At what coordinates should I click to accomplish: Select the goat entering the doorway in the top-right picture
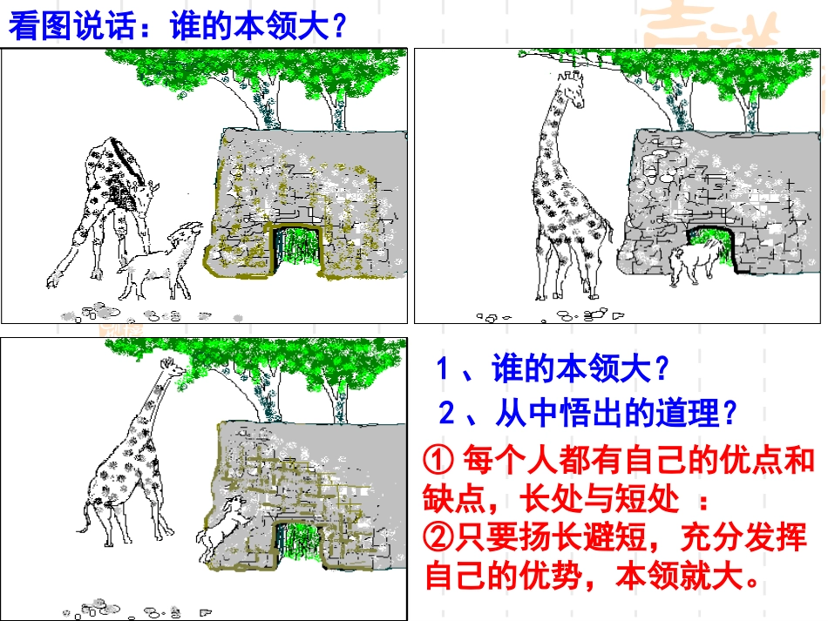pyautogui.click(x=696, y=259)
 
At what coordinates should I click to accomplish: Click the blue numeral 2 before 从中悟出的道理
pyautogui.click(x=445, y=413)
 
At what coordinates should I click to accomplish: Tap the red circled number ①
pyautogui.click(x=437, y=458)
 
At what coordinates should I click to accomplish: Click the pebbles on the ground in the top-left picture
pyautogui.click(x=96, y=310)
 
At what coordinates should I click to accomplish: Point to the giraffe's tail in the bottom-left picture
pyautogui.click(x=83, y=523)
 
